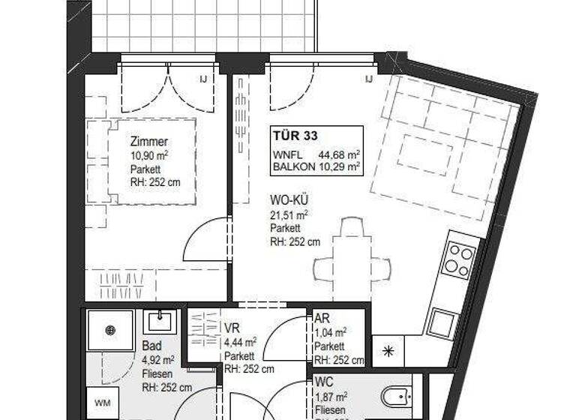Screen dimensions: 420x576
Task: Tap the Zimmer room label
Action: pos(148,142)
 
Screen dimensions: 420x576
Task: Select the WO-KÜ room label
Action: pos(289,201)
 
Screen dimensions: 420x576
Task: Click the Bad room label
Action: pos(150,347)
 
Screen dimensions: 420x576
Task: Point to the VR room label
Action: pos(232,328)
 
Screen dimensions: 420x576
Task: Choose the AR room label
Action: pos(321,319)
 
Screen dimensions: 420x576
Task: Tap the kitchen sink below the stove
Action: pos(439,323)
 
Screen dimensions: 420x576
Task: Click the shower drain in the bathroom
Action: pos(109,329)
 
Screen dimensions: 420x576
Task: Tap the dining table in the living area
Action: pos(352,265)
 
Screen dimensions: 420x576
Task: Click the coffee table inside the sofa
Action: pos(424,151)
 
